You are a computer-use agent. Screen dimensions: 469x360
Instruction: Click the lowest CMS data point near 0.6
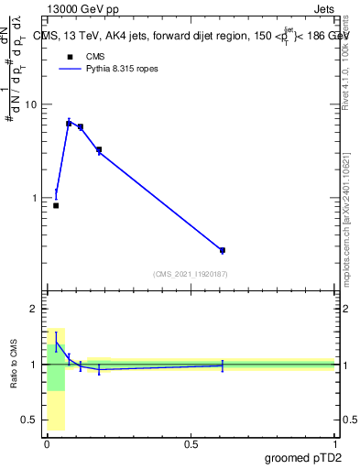pos(223,250)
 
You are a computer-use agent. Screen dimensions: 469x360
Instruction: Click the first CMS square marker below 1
pos(56,205)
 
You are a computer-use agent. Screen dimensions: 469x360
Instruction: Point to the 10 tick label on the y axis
pos(30,104)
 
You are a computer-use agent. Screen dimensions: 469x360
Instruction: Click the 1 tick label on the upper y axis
pos(33,198)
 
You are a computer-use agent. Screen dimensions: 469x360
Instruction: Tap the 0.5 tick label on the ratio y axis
pos(28,420)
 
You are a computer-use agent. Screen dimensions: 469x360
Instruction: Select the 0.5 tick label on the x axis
pos(191,443)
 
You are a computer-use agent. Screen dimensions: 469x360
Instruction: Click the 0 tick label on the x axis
pos(48,443)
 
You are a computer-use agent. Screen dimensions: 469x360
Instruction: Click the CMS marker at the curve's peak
pos(69,123)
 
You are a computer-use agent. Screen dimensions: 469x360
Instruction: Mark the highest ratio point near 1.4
pos(56,344)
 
